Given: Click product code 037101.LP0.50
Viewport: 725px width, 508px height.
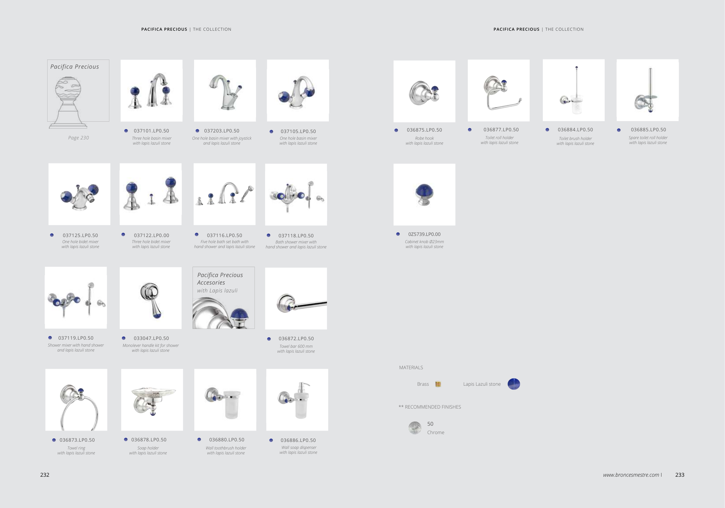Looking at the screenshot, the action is point(151,131).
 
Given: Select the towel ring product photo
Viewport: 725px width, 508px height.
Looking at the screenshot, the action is point(76,400).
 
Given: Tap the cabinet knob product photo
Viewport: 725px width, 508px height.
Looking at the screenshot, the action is point(424,194).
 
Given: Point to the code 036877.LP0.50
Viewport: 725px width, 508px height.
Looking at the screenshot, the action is point(501,130).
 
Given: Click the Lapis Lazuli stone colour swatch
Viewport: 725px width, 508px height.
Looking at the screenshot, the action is point(514,384).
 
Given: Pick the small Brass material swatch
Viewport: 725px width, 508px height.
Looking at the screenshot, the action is point(438,384).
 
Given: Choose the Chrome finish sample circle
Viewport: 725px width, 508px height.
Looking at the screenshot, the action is point(415,428).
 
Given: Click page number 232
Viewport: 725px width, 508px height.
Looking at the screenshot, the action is point(45,475).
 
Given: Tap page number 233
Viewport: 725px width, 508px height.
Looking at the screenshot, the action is point(680,475).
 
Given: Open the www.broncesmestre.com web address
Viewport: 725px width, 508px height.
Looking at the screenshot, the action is point(631,475).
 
